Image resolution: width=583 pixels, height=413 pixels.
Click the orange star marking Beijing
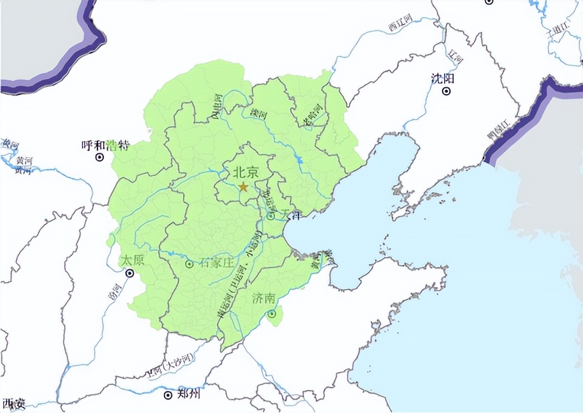(243, 186)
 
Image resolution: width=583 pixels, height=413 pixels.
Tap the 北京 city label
(246, 172)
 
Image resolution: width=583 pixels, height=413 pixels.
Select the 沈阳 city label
(443, 78)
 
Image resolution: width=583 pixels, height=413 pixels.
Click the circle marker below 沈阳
(447, 91)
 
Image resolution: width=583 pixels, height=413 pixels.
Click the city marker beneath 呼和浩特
(99, 157)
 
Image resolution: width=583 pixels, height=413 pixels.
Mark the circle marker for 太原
(129, 273)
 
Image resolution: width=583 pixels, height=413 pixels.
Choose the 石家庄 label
(215, 263)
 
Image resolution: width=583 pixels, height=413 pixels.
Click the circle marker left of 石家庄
(189, 264)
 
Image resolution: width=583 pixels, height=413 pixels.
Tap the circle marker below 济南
(272, 314)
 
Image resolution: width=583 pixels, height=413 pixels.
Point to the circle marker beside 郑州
(168, 395)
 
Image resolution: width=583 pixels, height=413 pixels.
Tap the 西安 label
(13, 405)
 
